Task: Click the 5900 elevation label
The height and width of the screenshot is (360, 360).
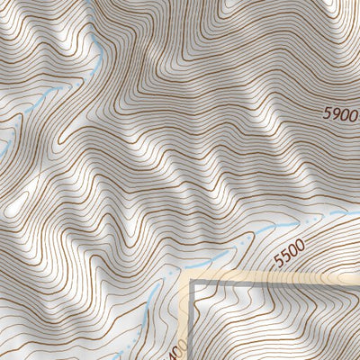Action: (x=341, y=116)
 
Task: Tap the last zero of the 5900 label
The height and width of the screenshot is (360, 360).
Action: (x=354, y=115)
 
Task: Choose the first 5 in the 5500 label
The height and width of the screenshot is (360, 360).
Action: (x=278, y=260)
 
